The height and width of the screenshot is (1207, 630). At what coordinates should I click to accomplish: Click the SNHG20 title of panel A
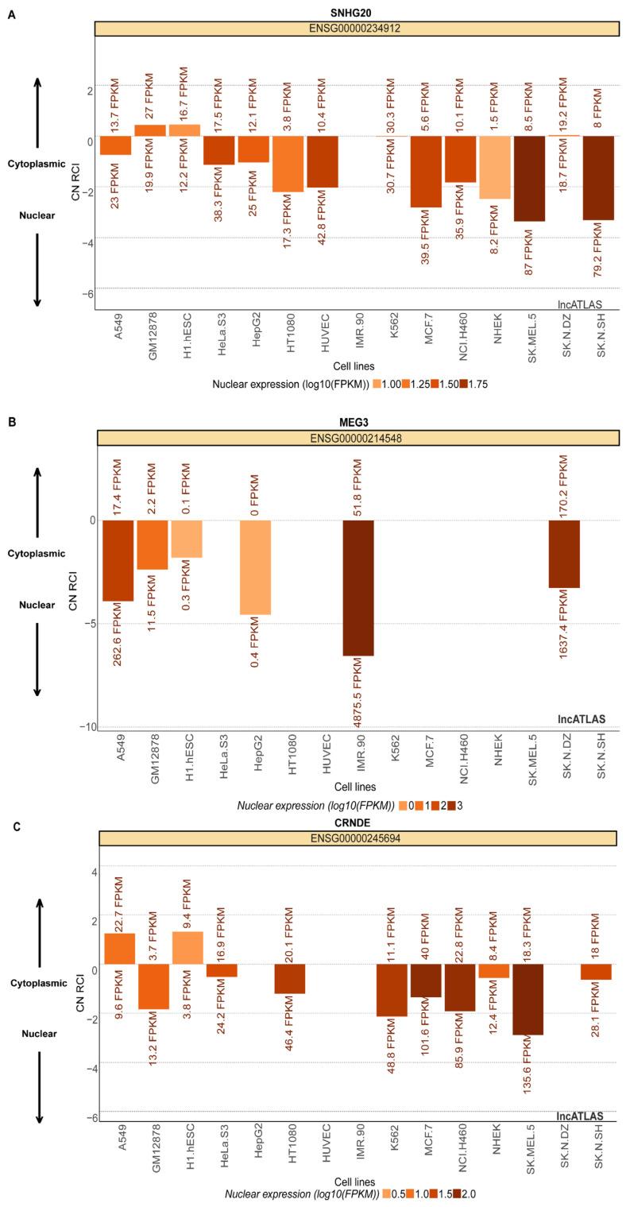(x=356, y=14)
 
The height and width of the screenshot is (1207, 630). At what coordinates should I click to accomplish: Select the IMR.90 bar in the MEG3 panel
(x=358, y=587)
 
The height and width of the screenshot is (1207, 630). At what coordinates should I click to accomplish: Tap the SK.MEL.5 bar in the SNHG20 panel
(x=529, y=178)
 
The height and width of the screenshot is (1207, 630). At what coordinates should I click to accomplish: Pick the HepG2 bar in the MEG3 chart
(x=255, y=567)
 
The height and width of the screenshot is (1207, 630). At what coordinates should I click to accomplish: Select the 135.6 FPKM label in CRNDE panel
(x=530, y=1074)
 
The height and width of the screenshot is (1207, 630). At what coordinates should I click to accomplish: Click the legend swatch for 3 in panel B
(x=450, y=805)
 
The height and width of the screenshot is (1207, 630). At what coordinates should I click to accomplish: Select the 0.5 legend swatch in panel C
(x=387, y=1193)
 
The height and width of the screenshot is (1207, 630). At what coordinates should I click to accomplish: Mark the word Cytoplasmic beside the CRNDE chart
(x=38, y=983)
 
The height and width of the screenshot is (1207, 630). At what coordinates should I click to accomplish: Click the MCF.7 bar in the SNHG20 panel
(x=426, y=172)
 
